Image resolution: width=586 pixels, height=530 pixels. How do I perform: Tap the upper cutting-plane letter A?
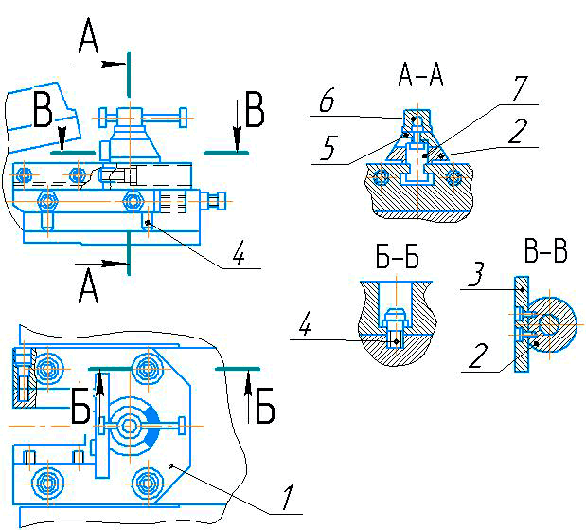tap(89, 40)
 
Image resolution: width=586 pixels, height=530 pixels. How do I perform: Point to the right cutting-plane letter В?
tap(254, 111)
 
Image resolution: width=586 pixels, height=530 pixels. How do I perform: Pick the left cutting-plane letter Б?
tap(83, 409)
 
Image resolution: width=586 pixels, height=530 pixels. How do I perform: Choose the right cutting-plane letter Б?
tap(265, 409)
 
